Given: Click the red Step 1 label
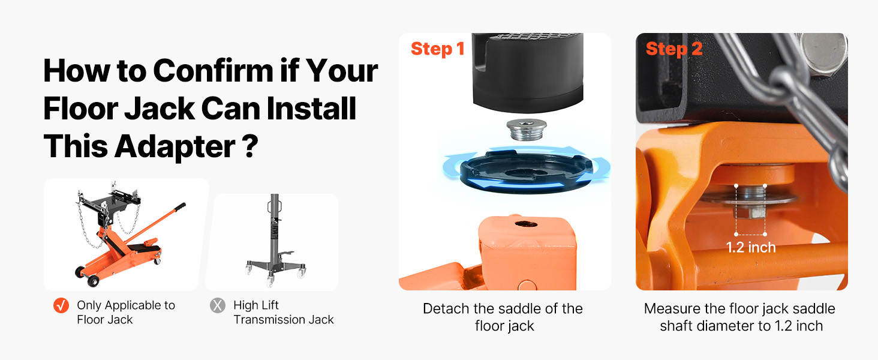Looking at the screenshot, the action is tap(437, 49).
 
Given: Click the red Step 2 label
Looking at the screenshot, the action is tap(673, 49).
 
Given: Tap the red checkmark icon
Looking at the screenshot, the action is tap(61, 305).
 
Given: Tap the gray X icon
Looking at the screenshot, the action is tap(218, 305).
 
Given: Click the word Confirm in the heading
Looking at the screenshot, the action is tap(214, 71).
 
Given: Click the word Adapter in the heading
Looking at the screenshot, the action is tap(175, 146).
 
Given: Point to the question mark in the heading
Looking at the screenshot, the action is tap(250, 145).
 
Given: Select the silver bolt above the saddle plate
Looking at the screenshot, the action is tap(527, 130).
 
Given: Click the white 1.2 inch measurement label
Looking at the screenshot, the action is tap(751, 247).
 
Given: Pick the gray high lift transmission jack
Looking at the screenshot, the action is tap(275, 240).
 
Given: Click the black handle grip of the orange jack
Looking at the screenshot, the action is tap(181, 206).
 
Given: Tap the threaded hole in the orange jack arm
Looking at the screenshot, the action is tap(526, 224).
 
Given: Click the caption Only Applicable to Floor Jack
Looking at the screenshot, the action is tap(126, 313).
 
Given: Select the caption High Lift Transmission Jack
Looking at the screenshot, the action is tap(284, 313).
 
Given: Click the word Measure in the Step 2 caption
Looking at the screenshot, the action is tap(672, 308).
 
